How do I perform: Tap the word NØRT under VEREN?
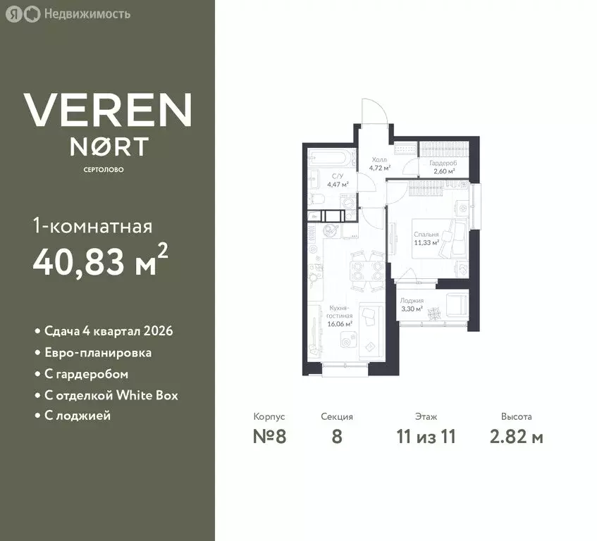(x=108, y=147)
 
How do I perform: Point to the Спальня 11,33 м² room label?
(x=427, y=238)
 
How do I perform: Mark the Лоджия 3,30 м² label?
(x=412, y=305)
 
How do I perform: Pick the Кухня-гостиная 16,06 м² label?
(x=340, y=312)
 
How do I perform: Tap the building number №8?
(x=269, y=436)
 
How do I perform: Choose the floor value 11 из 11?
(x=426, y=436)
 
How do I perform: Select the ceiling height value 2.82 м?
(x=516, y=436)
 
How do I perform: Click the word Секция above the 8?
(x=336, y=417)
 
